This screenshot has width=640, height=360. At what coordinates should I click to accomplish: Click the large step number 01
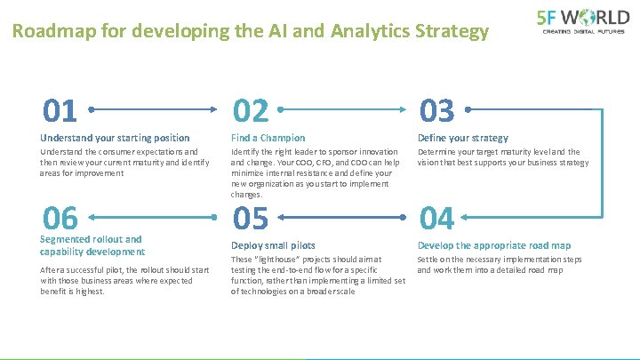[x=61, y=111]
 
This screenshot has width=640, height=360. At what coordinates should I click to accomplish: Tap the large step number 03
[x=436, y=111]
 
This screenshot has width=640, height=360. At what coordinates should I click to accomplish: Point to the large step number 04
[x=436, y=218]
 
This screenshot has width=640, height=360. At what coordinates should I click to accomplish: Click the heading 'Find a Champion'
[x=268, y=138]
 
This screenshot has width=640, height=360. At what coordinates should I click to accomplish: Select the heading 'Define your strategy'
[x=462, y=138]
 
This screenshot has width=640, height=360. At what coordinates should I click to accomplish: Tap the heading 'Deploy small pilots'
[x=273, y=245]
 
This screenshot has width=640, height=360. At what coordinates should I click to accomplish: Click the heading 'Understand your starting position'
[x=115, y=138]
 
